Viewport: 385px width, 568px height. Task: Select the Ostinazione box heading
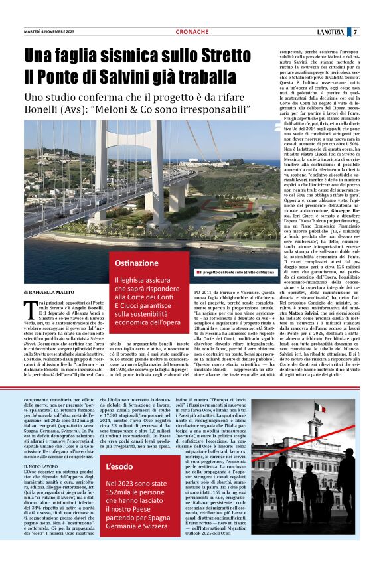pos(137,263)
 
